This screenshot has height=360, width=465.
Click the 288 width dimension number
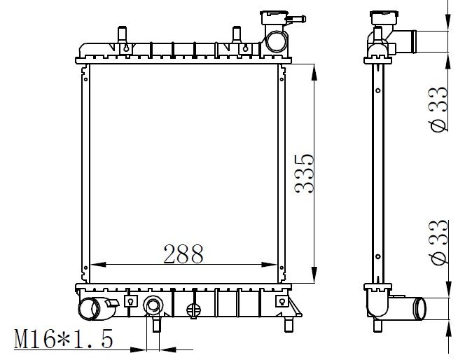pos(183,253)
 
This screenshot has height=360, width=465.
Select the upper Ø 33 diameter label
pos(438,111)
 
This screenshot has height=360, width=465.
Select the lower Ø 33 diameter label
pos(438,244)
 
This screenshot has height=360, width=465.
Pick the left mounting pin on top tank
pos(121,35)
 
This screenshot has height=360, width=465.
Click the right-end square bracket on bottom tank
pos(281,301)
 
